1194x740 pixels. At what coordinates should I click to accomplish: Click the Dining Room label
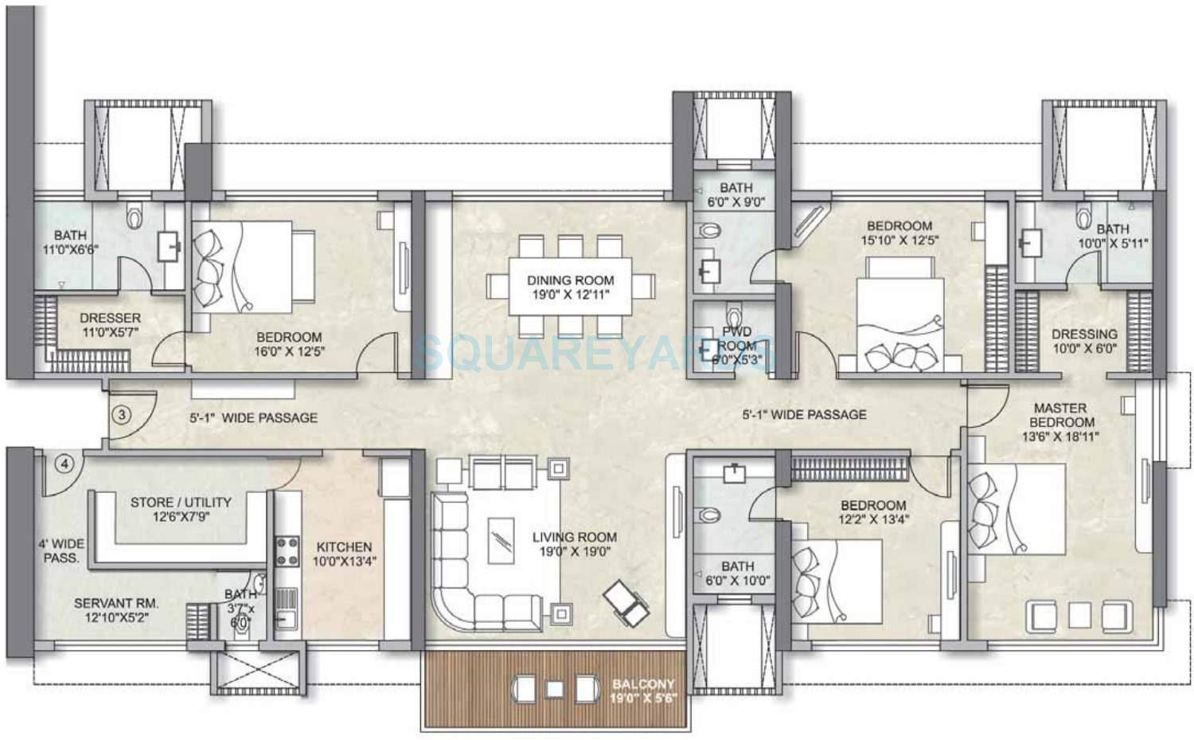click(570, 288)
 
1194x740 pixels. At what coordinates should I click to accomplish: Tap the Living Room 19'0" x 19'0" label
click(574, 544)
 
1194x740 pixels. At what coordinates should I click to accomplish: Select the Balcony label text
click(643, 691)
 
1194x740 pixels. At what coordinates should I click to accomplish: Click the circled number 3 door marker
click(121, 415)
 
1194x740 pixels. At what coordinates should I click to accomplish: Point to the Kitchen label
click(344, 554)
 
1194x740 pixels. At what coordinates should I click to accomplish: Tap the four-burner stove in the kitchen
click(287, 551)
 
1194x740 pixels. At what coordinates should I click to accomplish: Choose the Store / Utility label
click(181, 509)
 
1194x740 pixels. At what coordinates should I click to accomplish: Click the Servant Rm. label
click(116, 610)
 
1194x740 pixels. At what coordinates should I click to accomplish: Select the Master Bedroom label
click(1060, 421)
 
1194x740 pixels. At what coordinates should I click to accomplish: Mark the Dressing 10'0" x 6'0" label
click(1084, 341)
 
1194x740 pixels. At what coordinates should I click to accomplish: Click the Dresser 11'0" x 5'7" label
click(110, 324)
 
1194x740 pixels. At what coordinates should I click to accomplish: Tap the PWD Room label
click(736, 345)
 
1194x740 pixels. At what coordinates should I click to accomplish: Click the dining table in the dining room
click(570, 288)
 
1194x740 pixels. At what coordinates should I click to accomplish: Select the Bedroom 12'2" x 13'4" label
click(873, 512)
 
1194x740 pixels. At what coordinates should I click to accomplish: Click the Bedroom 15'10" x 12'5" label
click(899, 233)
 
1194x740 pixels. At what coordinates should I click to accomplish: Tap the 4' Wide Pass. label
click(61, 550)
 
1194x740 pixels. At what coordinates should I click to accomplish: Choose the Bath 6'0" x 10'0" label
click(738, 573)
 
